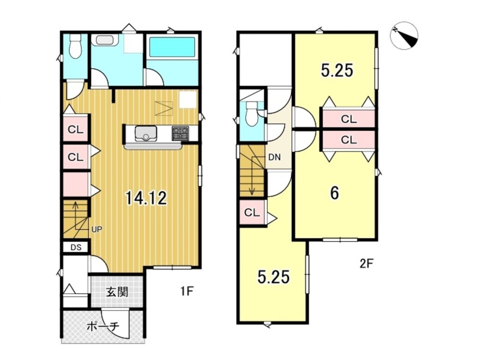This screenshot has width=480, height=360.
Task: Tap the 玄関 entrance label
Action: tap(117, 292)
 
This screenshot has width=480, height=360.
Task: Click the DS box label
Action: tap(76, 247)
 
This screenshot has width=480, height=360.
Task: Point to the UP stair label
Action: tap(97, 229)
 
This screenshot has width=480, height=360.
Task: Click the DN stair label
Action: tap(274, 157)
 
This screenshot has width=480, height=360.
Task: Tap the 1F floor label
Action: tap(186, 291)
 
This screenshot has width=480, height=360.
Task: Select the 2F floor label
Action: tap(367, 263)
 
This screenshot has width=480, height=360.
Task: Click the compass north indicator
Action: tap(404, 36)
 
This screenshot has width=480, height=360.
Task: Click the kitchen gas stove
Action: tap(180, 133)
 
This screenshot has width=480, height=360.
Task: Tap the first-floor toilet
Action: tap(75, 46)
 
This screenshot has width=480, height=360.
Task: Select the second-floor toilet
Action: tap(252, 113)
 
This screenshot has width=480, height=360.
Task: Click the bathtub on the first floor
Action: tap(172, 47)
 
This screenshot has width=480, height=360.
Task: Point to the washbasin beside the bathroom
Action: tap(105, 40)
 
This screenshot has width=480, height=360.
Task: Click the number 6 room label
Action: tap(335, 193)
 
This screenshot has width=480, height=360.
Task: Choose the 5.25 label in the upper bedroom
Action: tap(337, 70)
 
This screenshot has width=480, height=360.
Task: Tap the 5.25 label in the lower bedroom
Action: tap(274, 277)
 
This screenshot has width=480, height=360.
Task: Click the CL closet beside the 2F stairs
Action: tap(252, 212)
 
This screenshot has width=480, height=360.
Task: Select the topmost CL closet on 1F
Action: tap(76, 130)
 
